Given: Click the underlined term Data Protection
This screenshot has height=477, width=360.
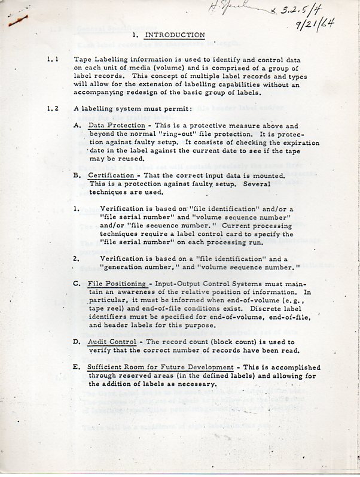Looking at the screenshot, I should [116, 126].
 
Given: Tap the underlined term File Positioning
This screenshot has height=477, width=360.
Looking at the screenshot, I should [117, 283].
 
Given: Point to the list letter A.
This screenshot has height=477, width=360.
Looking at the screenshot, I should [77, 126].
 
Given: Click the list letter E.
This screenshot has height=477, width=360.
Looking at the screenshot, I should [77, 367].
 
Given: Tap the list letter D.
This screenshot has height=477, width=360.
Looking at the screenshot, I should [77, 342].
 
